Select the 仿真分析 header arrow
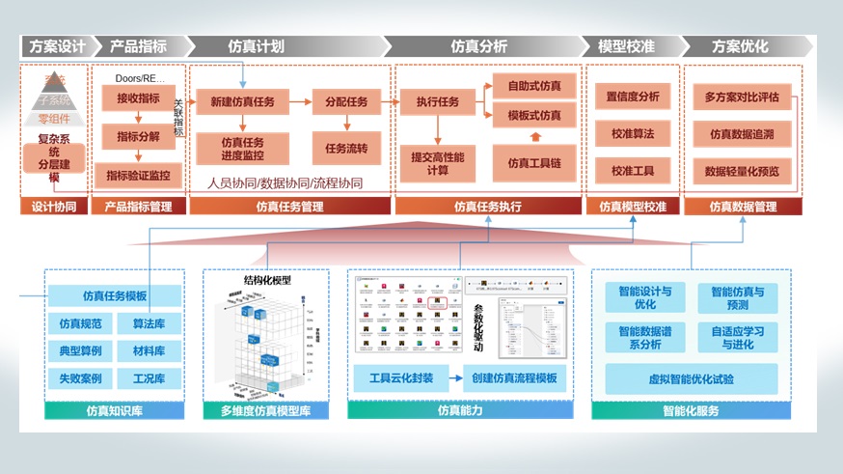pyautogui.click(x=479, y=46)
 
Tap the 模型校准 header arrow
pyautogui.click(x=627, y=46)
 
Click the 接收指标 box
pyautogui.click(x=138, y=98)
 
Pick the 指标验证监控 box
pyautogui.click(x=138, y=175)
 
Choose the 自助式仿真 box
pyautogui.click(x=533, y=85)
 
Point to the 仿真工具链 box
pyautogui.click(x=533, y=162)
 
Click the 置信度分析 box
pyautogui.click(x=633, y=97)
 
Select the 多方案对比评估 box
pyautogui.click(x=742, y=97)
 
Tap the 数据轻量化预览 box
pyautogui.click(x=742, y=171)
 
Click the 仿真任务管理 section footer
pyautogui.click(x=290, y=206)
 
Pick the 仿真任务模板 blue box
pyautogui.click(x=115, y=296)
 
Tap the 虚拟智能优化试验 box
pyautogui.click(x=693, y=378)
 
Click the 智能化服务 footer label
pyautogui.click(x=691, y=411)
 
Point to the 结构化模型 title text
pyautogui.click(x=267, y=280)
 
